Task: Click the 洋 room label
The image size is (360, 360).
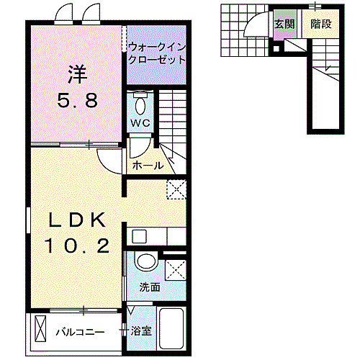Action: pos(78,73)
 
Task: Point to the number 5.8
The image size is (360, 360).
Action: pos(78,101)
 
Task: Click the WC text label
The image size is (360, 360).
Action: pos(140,123)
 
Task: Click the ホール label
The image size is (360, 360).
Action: pos(148,166)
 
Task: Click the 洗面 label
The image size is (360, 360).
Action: pos(150,287)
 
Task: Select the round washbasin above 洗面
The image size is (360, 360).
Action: pos(145,261)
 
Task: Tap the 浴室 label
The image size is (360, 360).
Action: pos(141,331)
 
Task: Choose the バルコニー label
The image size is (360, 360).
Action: pos(81,332)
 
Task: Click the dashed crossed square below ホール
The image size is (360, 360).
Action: pos(176,189)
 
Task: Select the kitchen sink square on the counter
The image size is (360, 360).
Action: pos(137,235)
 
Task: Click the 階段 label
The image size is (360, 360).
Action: pos(320,24)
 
